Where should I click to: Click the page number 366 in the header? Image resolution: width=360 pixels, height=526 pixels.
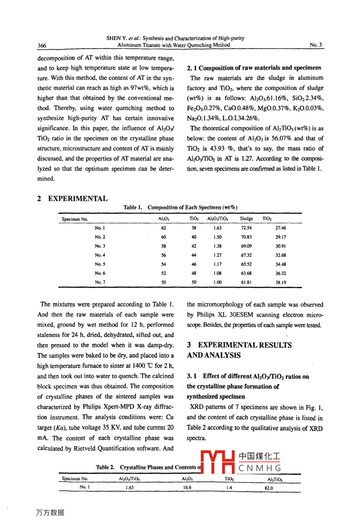click(x=42, y=45)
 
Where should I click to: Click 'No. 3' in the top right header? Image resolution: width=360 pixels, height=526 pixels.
click(x=316, y=45)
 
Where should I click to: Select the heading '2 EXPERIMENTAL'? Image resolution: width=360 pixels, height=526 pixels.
click(x=72, y=198)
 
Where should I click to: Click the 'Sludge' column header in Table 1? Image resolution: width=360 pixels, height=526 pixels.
click(x=247, y=219)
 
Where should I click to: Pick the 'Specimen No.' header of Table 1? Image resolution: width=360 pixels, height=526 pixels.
click(x=75, y=219)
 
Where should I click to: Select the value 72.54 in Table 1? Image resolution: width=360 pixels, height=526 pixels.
click(x=247, y=228)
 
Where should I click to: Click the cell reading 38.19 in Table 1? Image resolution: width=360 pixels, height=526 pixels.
click(x=281, y=282)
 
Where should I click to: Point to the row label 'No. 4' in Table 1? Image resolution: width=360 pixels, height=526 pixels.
click(x=100, y=255)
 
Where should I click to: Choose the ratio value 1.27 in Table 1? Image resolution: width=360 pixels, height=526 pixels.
click(x=217, y=255)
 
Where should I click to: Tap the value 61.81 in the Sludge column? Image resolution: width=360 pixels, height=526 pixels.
click(x=247, y=282)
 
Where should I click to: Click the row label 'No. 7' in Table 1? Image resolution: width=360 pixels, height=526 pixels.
click(x=100, y=282)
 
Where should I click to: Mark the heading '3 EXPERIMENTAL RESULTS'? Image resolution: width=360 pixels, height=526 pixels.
click(x=239, y=345)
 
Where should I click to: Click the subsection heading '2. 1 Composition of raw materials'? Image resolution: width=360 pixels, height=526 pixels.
click(x=254, y=68)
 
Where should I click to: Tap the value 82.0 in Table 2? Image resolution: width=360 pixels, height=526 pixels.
click(x=269, y=487)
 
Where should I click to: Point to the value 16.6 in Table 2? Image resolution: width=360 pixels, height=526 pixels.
click(x=187, y=487)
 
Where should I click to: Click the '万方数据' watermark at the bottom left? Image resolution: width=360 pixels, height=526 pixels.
click(x=50, y=512)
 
